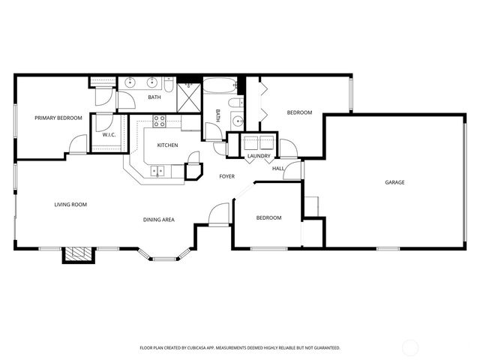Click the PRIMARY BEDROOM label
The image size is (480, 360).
58,118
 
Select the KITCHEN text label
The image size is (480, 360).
167,145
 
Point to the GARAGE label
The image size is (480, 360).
394,182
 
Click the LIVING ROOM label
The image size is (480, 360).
70,204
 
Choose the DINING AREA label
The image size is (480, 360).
159,219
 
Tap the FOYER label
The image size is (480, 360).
226,177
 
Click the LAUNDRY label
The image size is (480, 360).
259,156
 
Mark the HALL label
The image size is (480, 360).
277,169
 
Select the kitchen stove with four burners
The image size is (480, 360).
159,120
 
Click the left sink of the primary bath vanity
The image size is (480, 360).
130,82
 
